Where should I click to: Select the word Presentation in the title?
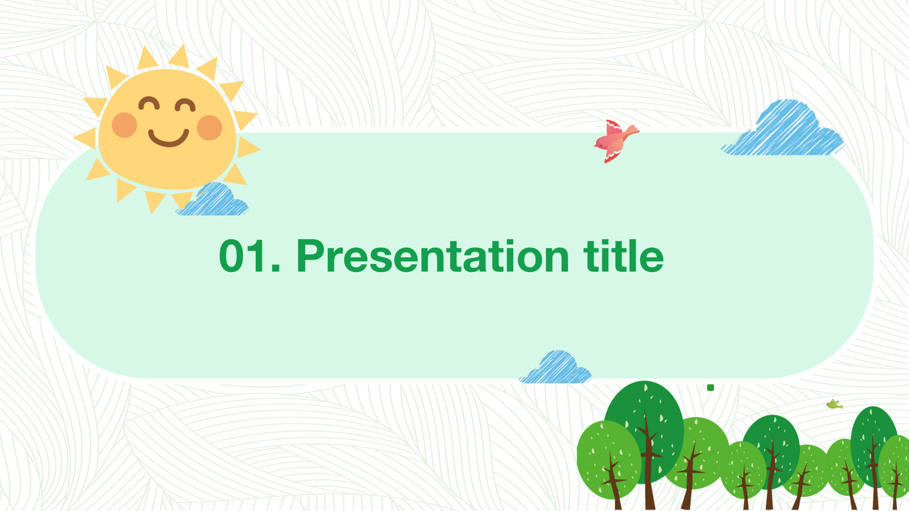click(433, 256)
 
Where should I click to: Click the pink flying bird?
click(616, 141)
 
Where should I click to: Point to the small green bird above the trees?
click(834, 404)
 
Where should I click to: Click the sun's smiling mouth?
click(169, 137)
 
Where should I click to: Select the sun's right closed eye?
click(185, 106)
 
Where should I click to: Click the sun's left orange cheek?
click(125, 125)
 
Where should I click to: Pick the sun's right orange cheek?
click(209, 128)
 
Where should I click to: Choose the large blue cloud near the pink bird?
click(783, 129)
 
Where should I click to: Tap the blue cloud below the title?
click(556, 368)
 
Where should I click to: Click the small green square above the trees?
click(710, 388)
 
